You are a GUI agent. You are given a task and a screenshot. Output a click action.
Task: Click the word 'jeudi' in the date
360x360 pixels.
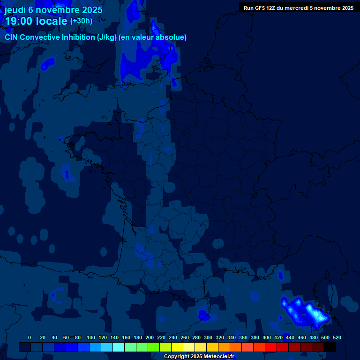tap(15, 10)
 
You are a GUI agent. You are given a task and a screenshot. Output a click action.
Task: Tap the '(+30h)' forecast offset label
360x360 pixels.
tap(81, 21)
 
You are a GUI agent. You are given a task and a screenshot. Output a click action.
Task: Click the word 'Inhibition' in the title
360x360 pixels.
tap(78, 37)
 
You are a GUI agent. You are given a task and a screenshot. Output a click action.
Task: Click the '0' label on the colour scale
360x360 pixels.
tap(30, 337)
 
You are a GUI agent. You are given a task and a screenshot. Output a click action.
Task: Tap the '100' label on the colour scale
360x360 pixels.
tap(91, 337)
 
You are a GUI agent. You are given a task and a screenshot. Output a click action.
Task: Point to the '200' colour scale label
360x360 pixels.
tap(150, 337)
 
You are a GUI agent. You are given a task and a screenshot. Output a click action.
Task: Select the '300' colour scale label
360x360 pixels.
tap(208, 337)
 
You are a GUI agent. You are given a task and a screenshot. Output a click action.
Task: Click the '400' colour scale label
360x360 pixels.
tap(267, 337)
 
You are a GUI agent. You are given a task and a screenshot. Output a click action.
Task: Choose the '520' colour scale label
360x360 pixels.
tap(337, 337)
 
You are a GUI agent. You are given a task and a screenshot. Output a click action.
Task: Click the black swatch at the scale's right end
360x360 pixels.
tap(330, 347)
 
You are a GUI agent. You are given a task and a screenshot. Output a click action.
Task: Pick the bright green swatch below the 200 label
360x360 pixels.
tap(154, 347)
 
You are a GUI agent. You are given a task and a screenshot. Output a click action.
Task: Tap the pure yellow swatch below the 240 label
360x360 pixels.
tap(177, 347)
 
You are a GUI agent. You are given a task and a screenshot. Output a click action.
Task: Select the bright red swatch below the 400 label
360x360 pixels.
tap(271, 347)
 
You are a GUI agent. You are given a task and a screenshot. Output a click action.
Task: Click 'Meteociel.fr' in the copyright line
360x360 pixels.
tap(219, 357)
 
